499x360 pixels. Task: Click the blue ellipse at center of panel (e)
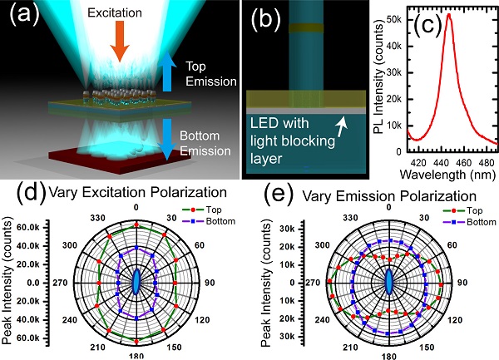(x=388, y=282)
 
